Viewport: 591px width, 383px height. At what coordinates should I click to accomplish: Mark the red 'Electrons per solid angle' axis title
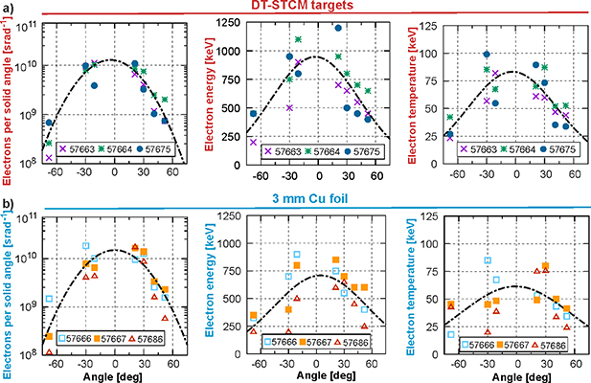tap(9, 96)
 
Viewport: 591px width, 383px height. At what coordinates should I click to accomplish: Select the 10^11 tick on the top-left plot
tap(31, 22)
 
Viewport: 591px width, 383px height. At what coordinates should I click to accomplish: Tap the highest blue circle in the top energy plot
tap(338, 28)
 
